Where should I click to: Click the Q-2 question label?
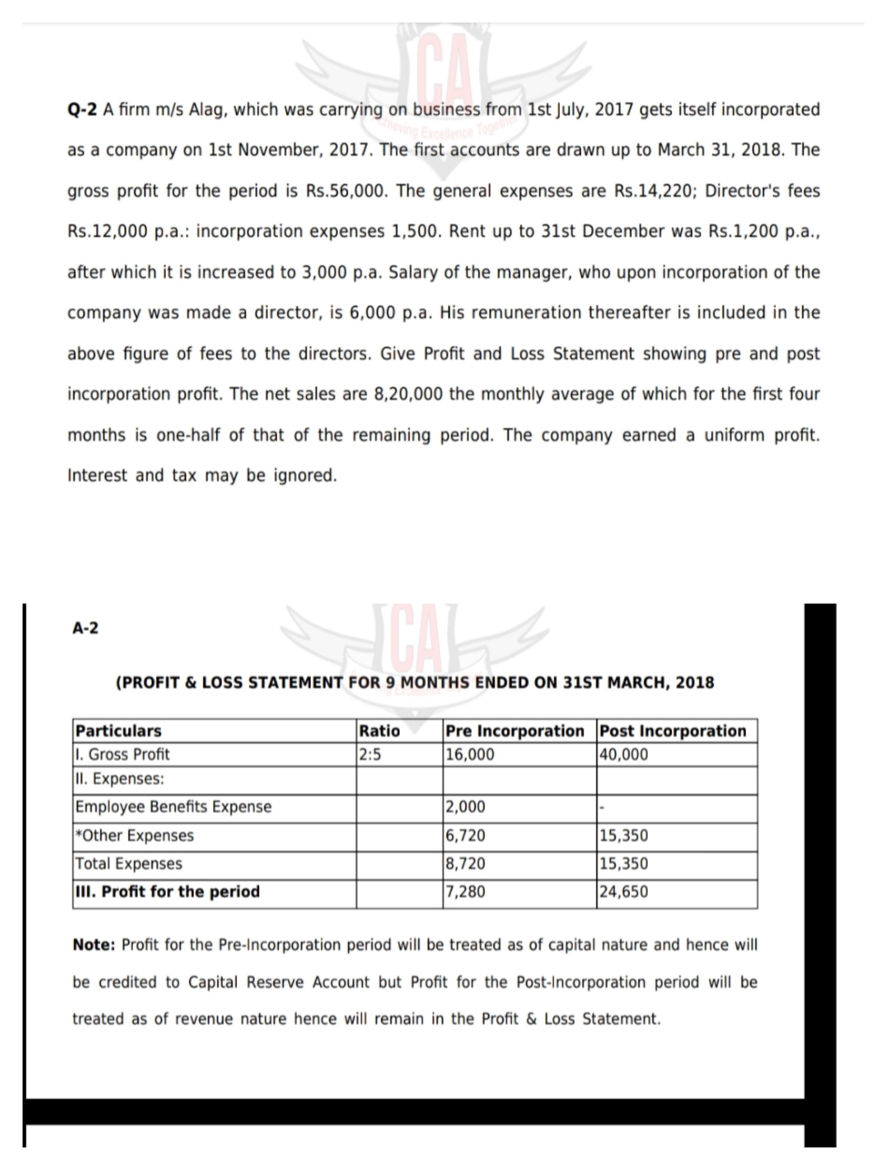[x=82, y=110]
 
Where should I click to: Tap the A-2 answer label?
[x=85, y=628]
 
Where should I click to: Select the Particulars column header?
[x=119, y=731]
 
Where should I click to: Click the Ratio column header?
[x=379, y=731]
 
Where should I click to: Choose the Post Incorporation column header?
[x=672, y=731]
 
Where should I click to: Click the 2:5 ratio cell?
[x=370, y=754]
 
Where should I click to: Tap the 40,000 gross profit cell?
[x=624, y=754]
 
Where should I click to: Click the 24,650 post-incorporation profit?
[x=624, y=892]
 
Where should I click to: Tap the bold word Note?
[x=94, y=945]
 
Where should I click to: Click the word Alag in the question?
[x=206, y=110]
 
